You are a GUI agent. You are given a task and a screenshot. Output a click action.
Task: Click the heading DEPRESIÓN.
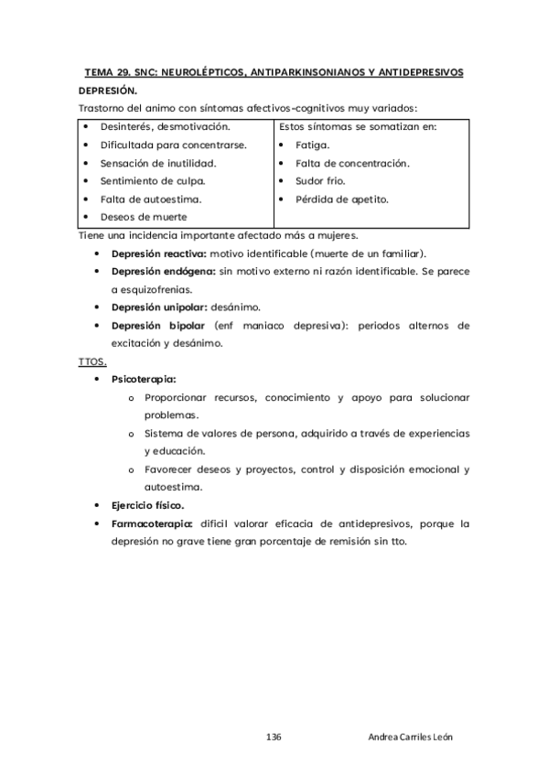(x=108, y=92)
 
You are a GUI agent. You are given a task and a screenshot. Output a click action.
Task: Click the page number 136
(x=274, y=738)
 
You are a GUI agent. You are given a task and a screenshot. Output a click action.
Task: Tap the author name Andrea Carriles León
(x=409, y=738)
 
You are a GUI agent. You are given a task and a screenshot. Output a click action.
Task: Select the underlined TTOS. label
(x=92, y=361)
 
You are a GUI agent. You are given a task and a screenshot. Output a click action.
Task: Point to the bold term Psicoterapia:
(x=144, y=379)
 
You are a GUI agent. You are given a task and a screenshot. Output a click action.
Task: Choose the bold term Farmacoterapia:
(x=152, y=523)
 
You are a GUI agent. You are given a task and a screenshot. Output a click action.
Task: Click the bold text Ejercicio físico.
(x=147, y=505)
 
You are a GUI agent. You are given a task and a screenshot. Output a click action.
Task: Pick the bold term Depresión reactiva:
(x=158, y=253)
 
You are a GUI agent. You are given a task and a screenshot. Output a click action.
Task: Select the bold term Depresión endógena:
(x=162, y=271)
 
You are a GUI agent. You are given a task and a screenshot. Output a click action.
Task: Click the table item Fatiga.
(x=313, y=145)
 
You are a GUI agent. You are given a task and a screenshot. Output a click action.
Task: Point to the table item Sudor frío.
(x=320, y=181)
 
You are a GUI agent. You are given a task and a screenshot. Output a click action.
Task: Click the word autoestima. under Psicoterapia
(x=174, y=488)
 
